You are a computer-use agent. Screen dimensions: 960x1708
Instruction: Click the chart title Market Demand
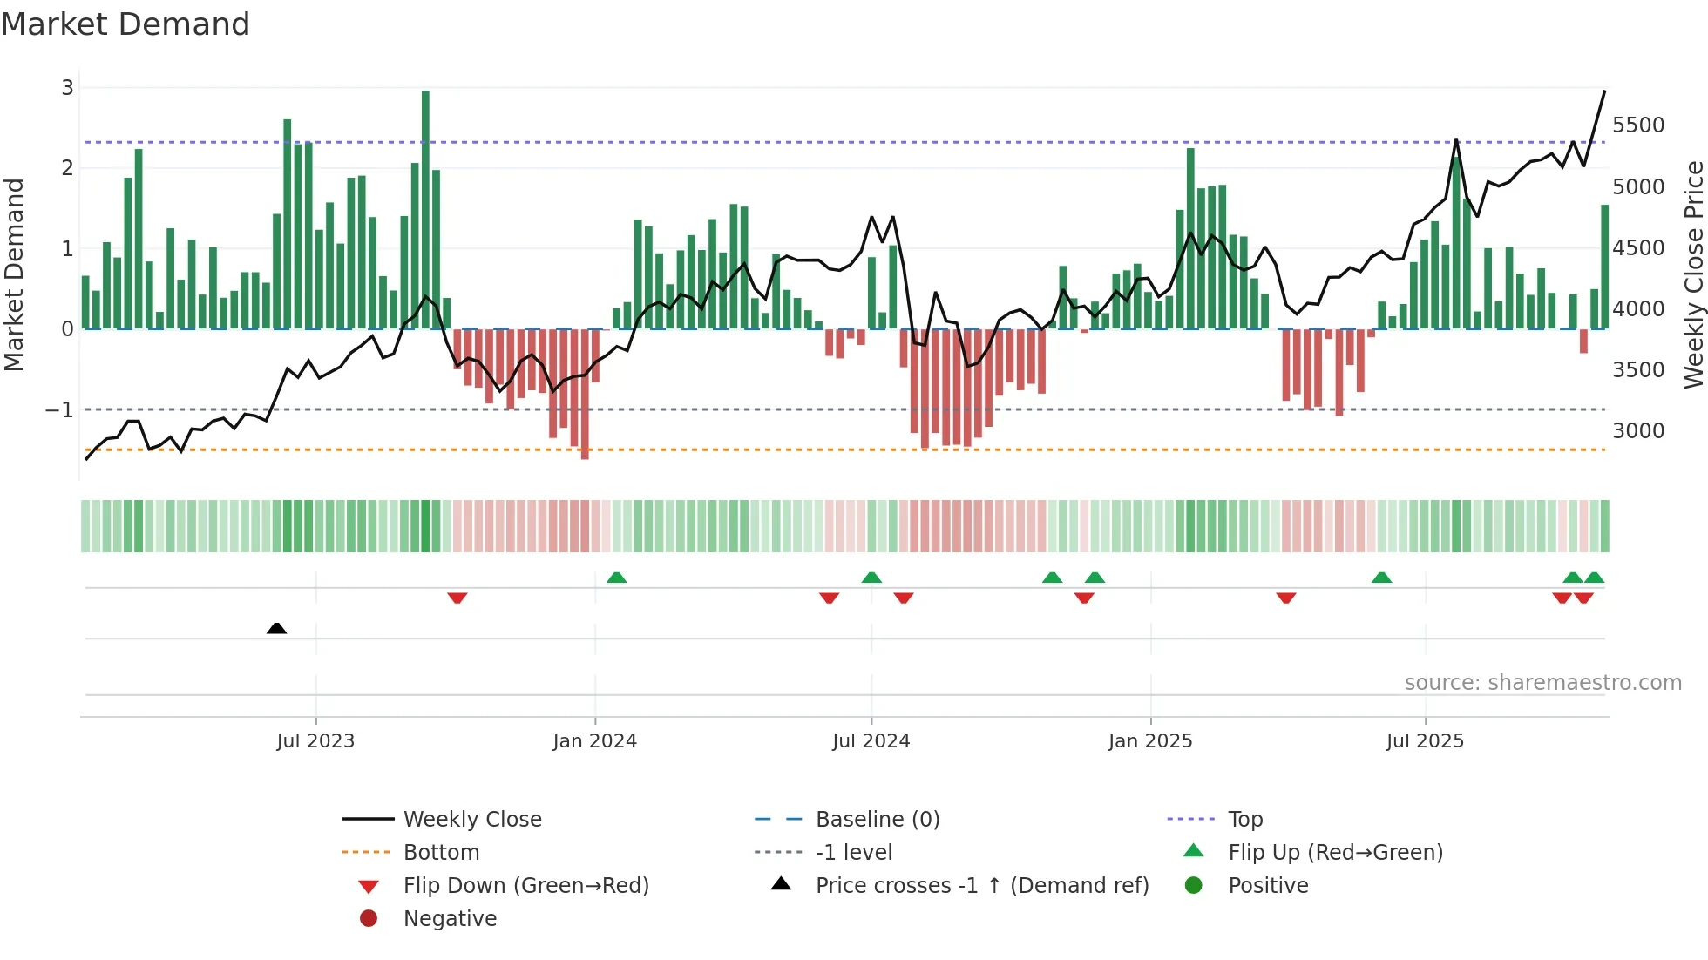[125, 24]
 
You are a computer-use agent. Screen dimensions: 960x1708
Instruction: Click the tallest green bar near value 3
[425, 209]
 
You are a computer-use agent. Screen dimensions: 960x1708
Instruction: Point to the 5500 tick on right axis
[1637, 125]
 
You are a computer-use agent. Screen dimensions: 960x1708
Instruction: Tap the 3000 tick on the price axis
[1637, 431]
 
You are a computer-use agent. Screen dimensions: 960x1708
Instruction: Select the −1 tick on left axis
[59, 409]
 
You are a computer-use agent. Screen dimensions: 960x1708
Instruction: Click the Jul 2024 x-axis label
[871, 741]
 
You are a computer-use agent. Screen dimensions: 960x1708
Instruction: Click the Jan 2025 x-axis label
[1149, 741]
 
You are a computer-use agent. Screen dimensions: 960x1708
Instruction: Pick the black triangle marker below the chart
[276, 628]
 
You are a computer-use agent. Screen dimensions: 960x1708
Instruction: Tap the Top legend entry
[1244, 820]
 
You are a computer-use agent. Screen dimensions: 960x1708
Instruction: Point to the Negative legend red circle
[369, 919]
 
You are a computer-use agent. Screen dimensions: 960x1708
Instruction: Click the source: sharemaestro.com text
[1542, 683]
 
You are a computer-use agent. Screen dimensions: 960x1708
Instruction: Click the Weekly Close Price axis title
[1693, 274]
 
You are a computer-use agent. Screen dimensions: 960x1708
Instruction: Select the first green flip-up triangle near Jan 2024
[616, 578]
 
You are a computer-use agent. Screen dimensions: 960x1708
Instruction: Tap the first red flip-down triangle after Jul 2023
[457, 598]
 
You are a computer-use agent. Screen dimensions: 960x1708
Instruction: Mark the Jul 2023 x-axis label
[315, 741]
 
